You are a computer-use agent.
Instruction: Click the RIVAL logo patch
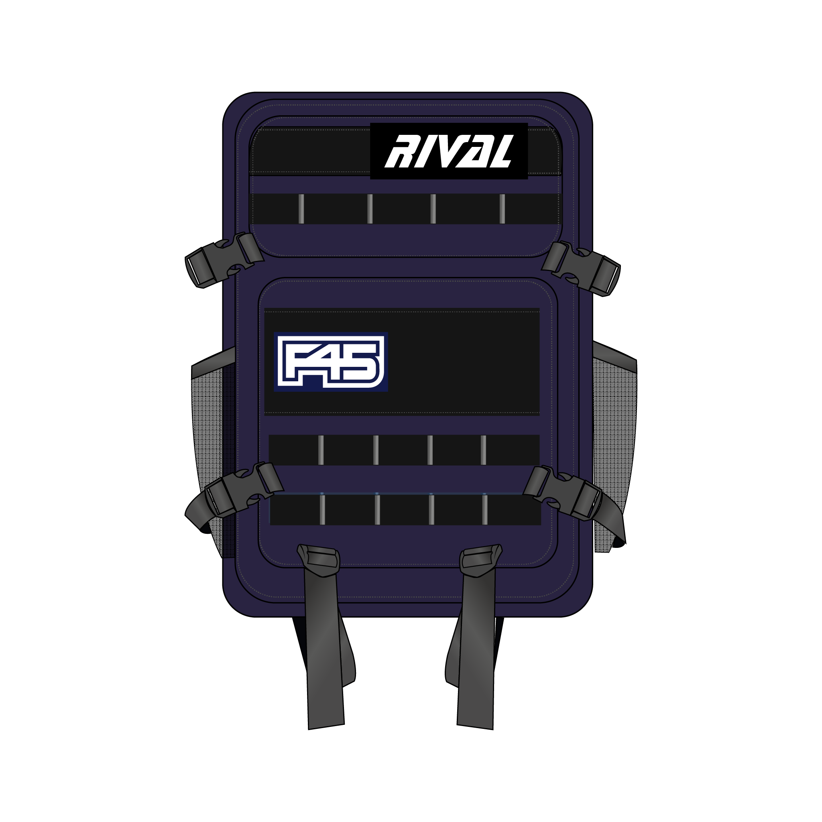click(449, 151)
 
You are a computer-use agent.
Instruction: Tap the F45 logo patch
click(331, 362)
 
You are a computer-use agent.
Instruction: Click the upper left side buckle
click(224, 260)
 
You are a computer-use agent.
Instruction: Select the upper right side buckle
click(581, 269)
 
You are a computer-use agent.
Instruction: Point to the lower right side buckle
click(562, 494)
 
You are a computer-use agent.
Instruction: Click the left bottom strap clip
click(319, 560)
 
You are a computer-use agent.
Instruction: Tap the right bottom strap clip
click(481, 560)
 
